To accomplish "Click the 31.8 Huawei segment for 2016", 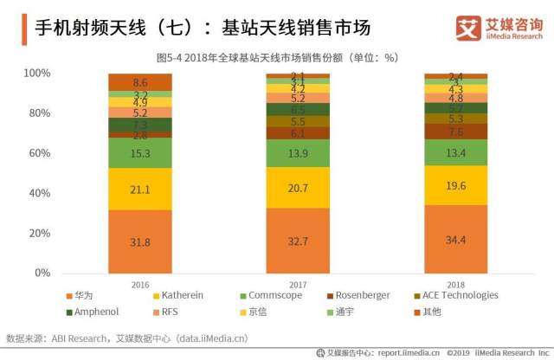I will (140, 241).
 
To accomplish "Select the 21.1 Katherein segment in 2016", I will (140, 190).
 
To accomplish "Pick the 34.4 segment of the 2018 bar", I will (456, 238).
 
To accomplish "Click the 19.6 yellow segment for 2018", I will (456, 184).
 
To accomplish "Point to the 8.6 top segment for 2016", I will (140, 82).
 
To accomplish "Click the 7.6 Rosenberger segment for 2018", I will (456, 132).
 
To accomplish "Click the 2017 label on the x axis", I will (298, 283).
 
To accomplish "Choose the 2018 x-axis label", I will (456, 283).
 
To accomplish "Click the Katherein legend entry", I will (182, 296).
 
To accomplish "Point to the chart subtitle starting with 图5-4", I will (276, 57).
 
